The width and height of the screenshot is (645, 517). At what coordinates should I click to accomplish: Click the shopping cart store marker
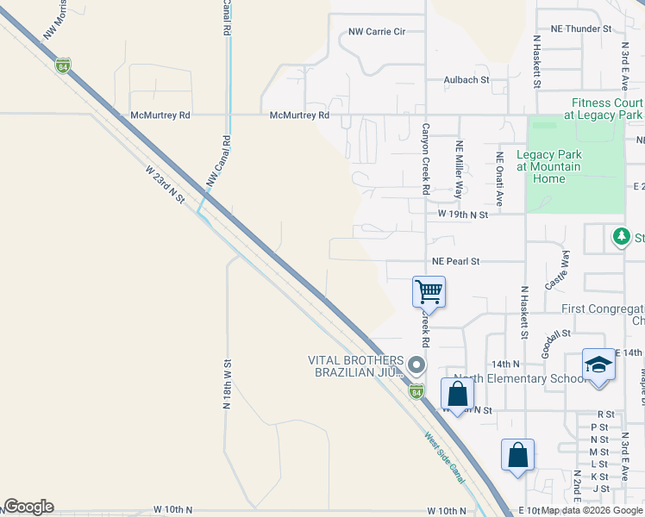coord(429,291)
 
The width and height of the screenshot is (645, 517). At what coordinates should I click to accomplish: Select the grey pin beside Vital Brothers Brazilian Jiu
coord(416,366)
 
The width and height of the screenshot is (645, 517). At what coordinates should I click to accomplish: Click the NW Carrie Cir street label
coord(377,32)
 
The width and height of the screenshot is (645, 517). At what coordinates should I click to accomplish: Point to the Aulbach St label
coord(467,80)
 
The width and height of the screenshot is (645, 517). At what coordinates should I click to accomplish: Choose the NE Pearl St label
coord(455,261)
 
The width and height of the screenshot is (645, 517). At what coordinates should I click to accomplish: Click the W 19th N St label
coord(463,214)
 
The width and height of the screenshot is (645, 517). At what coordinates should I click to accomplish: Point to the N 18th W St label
coord(227,388)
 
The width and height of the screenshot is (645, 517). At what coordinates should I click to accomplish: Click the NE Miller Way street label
coord(460,171)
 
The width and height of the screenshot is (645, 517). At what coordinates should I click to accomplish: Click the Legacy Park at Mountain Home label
coord(548,166)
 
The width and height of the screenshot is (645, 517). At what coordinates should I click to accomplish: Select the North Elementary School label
coord(512,378)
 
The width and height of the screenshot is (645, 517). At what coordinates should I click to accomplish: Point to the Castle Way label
coord(558,271)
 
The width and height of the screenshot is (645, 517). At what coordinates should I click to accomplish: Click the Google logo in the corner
coord(28,507)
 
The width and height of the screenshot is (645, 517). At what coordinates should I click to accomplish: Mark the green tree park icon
coord(620,236)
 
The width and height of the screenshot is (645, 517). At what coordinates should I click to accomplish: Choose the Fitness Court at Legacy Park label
coord(603,109)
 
